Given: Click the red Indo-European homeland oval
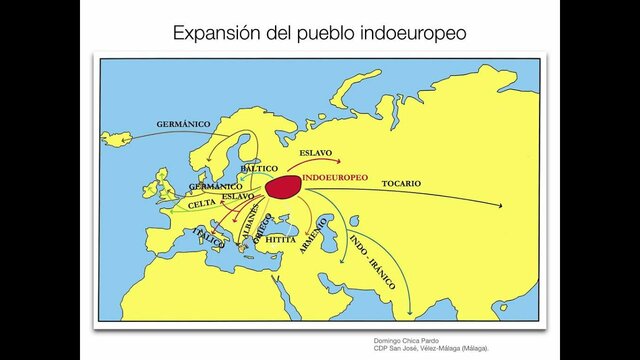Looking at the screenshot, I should [284, 187].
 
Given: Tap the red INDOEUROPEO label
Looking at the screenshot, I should [334, 178].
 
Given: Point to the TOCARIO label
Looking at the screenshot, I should [400, 183].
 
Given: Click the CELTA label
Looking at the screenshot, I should [202, 203].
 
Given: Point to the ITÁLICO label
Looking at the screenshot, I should [210, 238].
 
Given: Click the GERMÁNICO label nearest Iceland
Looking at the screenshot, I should [183, 124].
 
